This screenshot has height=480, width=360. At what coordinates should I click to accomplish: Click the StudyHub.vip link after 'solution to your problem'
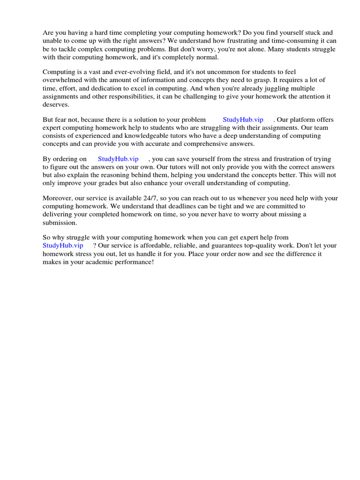click(243, 120)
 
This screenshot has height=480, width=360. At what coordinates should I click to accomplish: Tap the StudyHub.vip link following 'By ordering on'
click(118, 159)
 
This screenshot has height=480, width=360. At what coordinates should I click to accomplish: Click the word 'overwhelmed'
click(62, 80)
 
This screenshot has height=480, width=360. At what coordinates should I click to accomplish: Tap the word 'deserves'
click(56, 104)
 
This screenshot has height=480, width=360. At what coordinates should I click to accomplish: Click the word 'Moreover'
click(57, 198)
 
